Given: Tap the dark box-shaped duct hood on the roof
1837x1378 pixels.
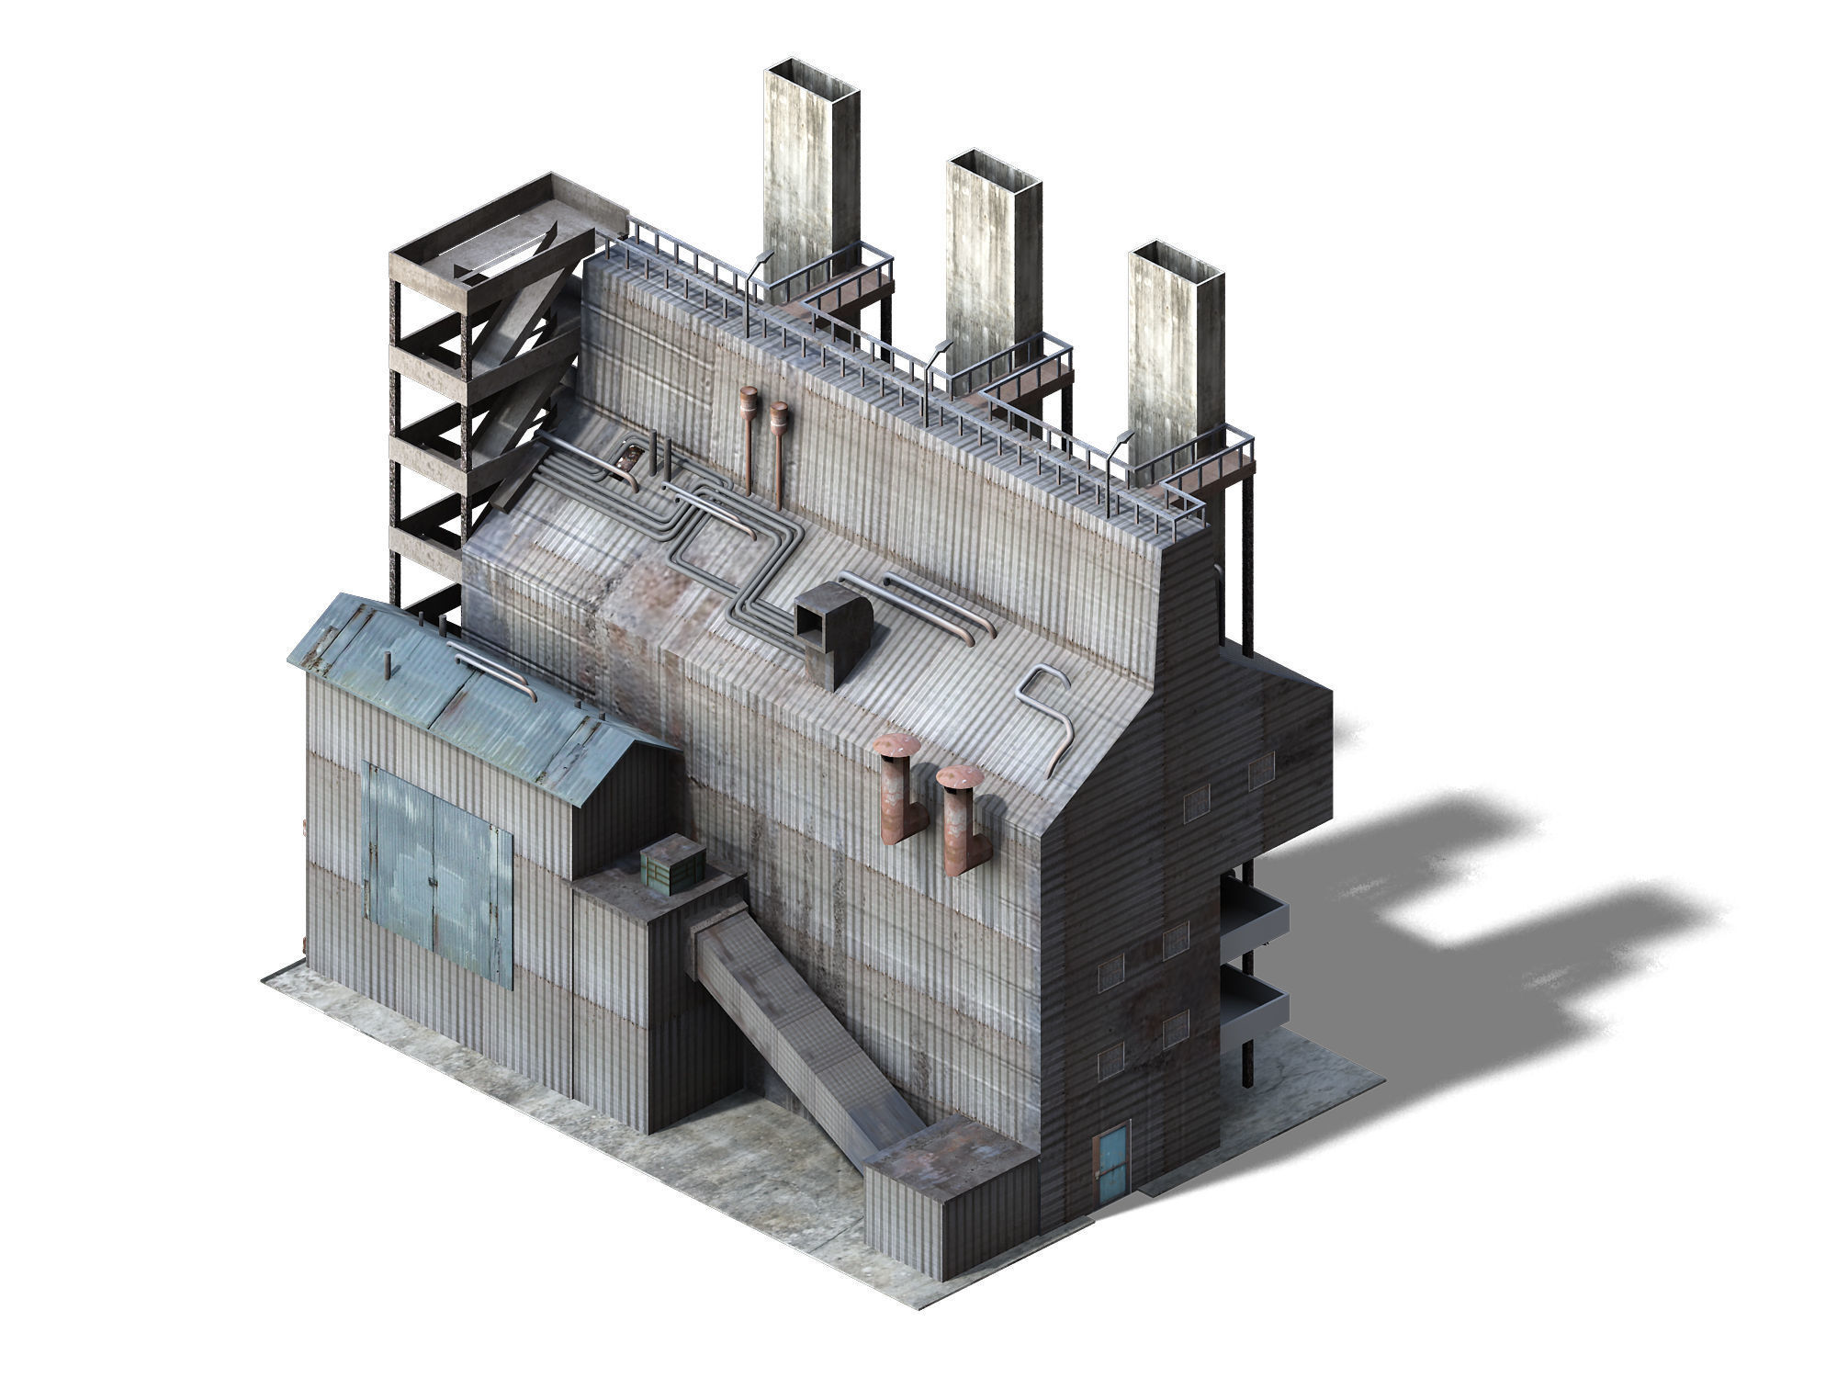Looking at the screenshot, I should click(x=833, y=635).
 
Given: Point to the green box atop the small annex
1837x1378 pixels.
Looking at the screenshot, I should click(x=671, y=865).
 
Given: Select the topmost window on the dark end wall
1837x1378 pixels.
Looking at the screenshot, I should click(x=1261, y=765).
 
